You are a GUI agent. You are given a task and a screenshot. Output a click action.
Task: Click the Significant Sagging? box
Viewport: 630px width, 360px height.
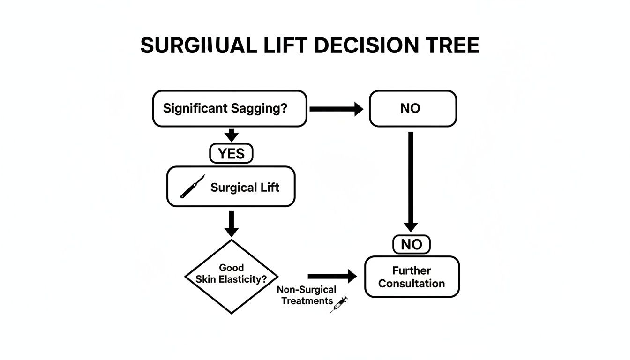tap(230, 109)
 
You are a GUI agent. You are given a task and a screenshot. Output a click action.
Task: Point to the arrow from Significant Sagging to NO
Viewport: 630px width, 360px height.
tap(336, 109)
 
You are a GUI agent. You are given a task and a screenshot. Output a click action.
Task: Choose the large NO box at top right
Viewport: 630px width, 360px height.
tap(412, 109)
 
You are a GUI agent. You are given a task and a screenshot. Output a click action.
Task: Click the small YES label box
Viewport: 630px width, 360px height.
tap(231, 154)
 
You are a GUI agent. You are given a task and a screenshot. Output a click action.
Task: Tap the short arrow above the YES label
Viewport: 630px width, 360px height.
tap(231, 135)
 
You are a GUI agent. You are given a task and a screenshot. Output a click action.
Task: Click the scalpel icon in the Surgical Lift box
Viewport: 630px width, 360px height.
tap(193, 187)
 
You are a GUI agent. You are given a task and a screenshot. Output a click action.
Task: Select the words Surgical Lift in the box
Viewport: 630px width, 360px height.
tap(245, 188)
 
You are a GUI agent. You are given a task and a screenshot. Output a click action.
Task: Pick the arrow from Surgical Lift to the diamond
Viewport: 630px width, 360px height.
tap(231, 224)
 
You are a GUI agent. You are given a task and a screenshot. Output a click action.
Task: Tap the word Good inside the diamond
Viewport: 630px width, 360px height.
tap(232, 268)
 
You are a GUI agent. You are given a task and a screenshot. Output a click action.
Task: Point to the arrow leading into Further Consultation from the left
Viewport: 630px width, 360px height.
tap(332, 277)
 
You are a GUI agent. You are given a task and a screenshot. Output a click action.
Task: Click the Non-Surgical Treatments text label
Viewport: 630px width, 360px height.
tap(307, 295)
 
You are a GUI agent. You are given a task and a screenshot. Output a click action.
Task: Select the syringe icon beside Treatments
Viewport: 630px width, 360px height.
tap(339, 304)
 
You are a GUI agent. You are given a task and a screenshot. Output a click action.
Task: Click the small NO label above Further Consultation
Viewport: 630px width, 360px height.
tap(411, 244)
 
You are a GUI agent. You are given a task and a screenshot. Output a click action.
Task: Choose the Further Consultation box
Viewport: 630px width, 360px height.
tap(412, 277)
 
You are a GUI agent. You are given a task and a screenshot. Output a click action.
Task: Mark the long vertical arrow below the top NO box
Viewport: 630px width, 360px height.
tap(411, 180)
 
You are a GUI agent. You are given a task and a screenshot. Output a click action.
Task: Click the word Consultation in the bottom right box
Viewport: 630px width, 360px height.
tap(412, 284)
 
